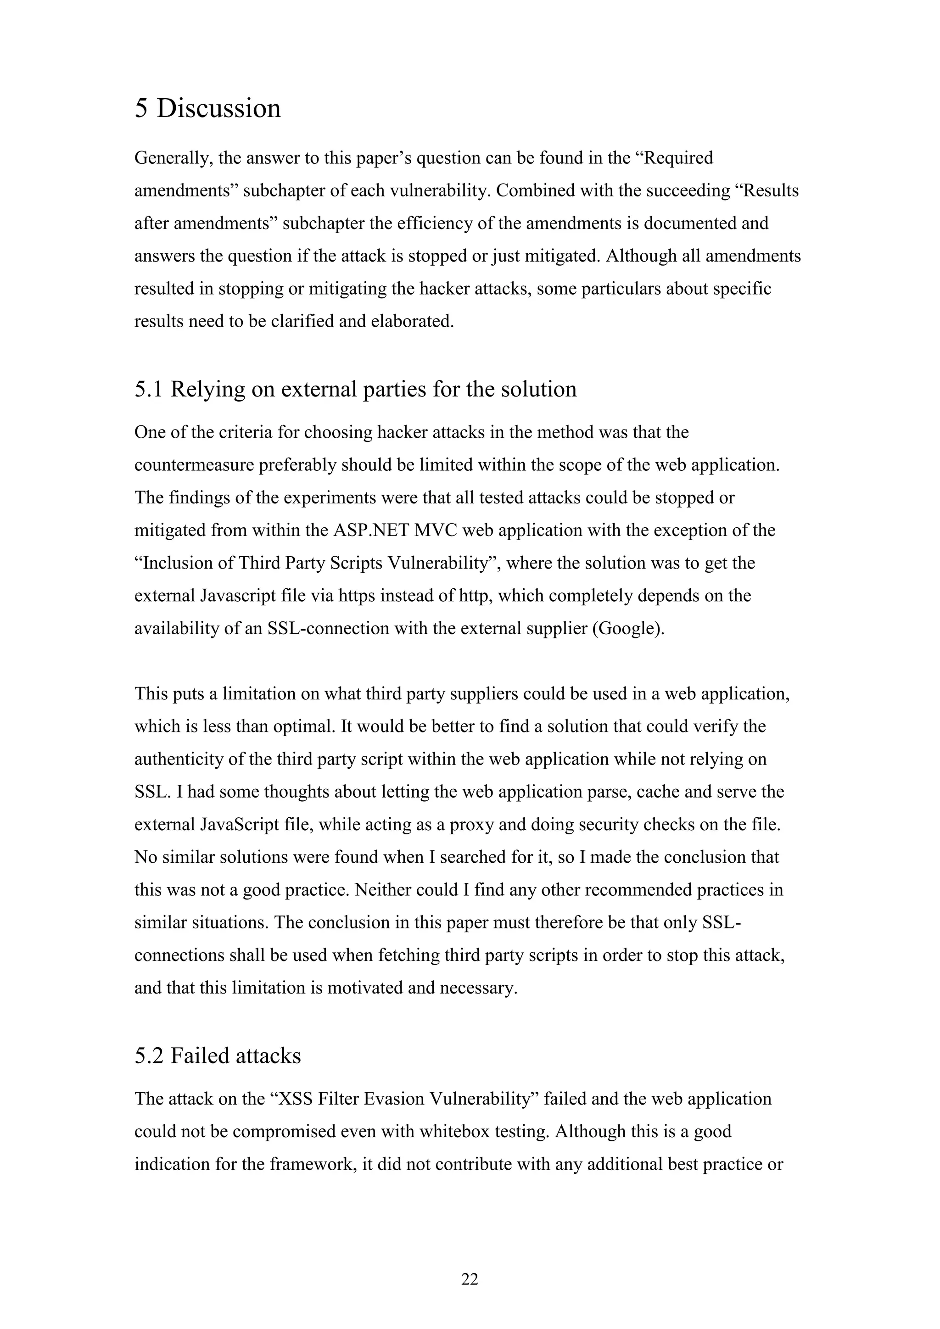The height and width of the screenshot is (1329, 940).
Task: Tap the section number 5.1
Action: (x=149, y=390)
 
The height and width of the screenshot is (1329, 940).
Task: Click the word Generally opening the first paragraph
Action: (x=171, y=158)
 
